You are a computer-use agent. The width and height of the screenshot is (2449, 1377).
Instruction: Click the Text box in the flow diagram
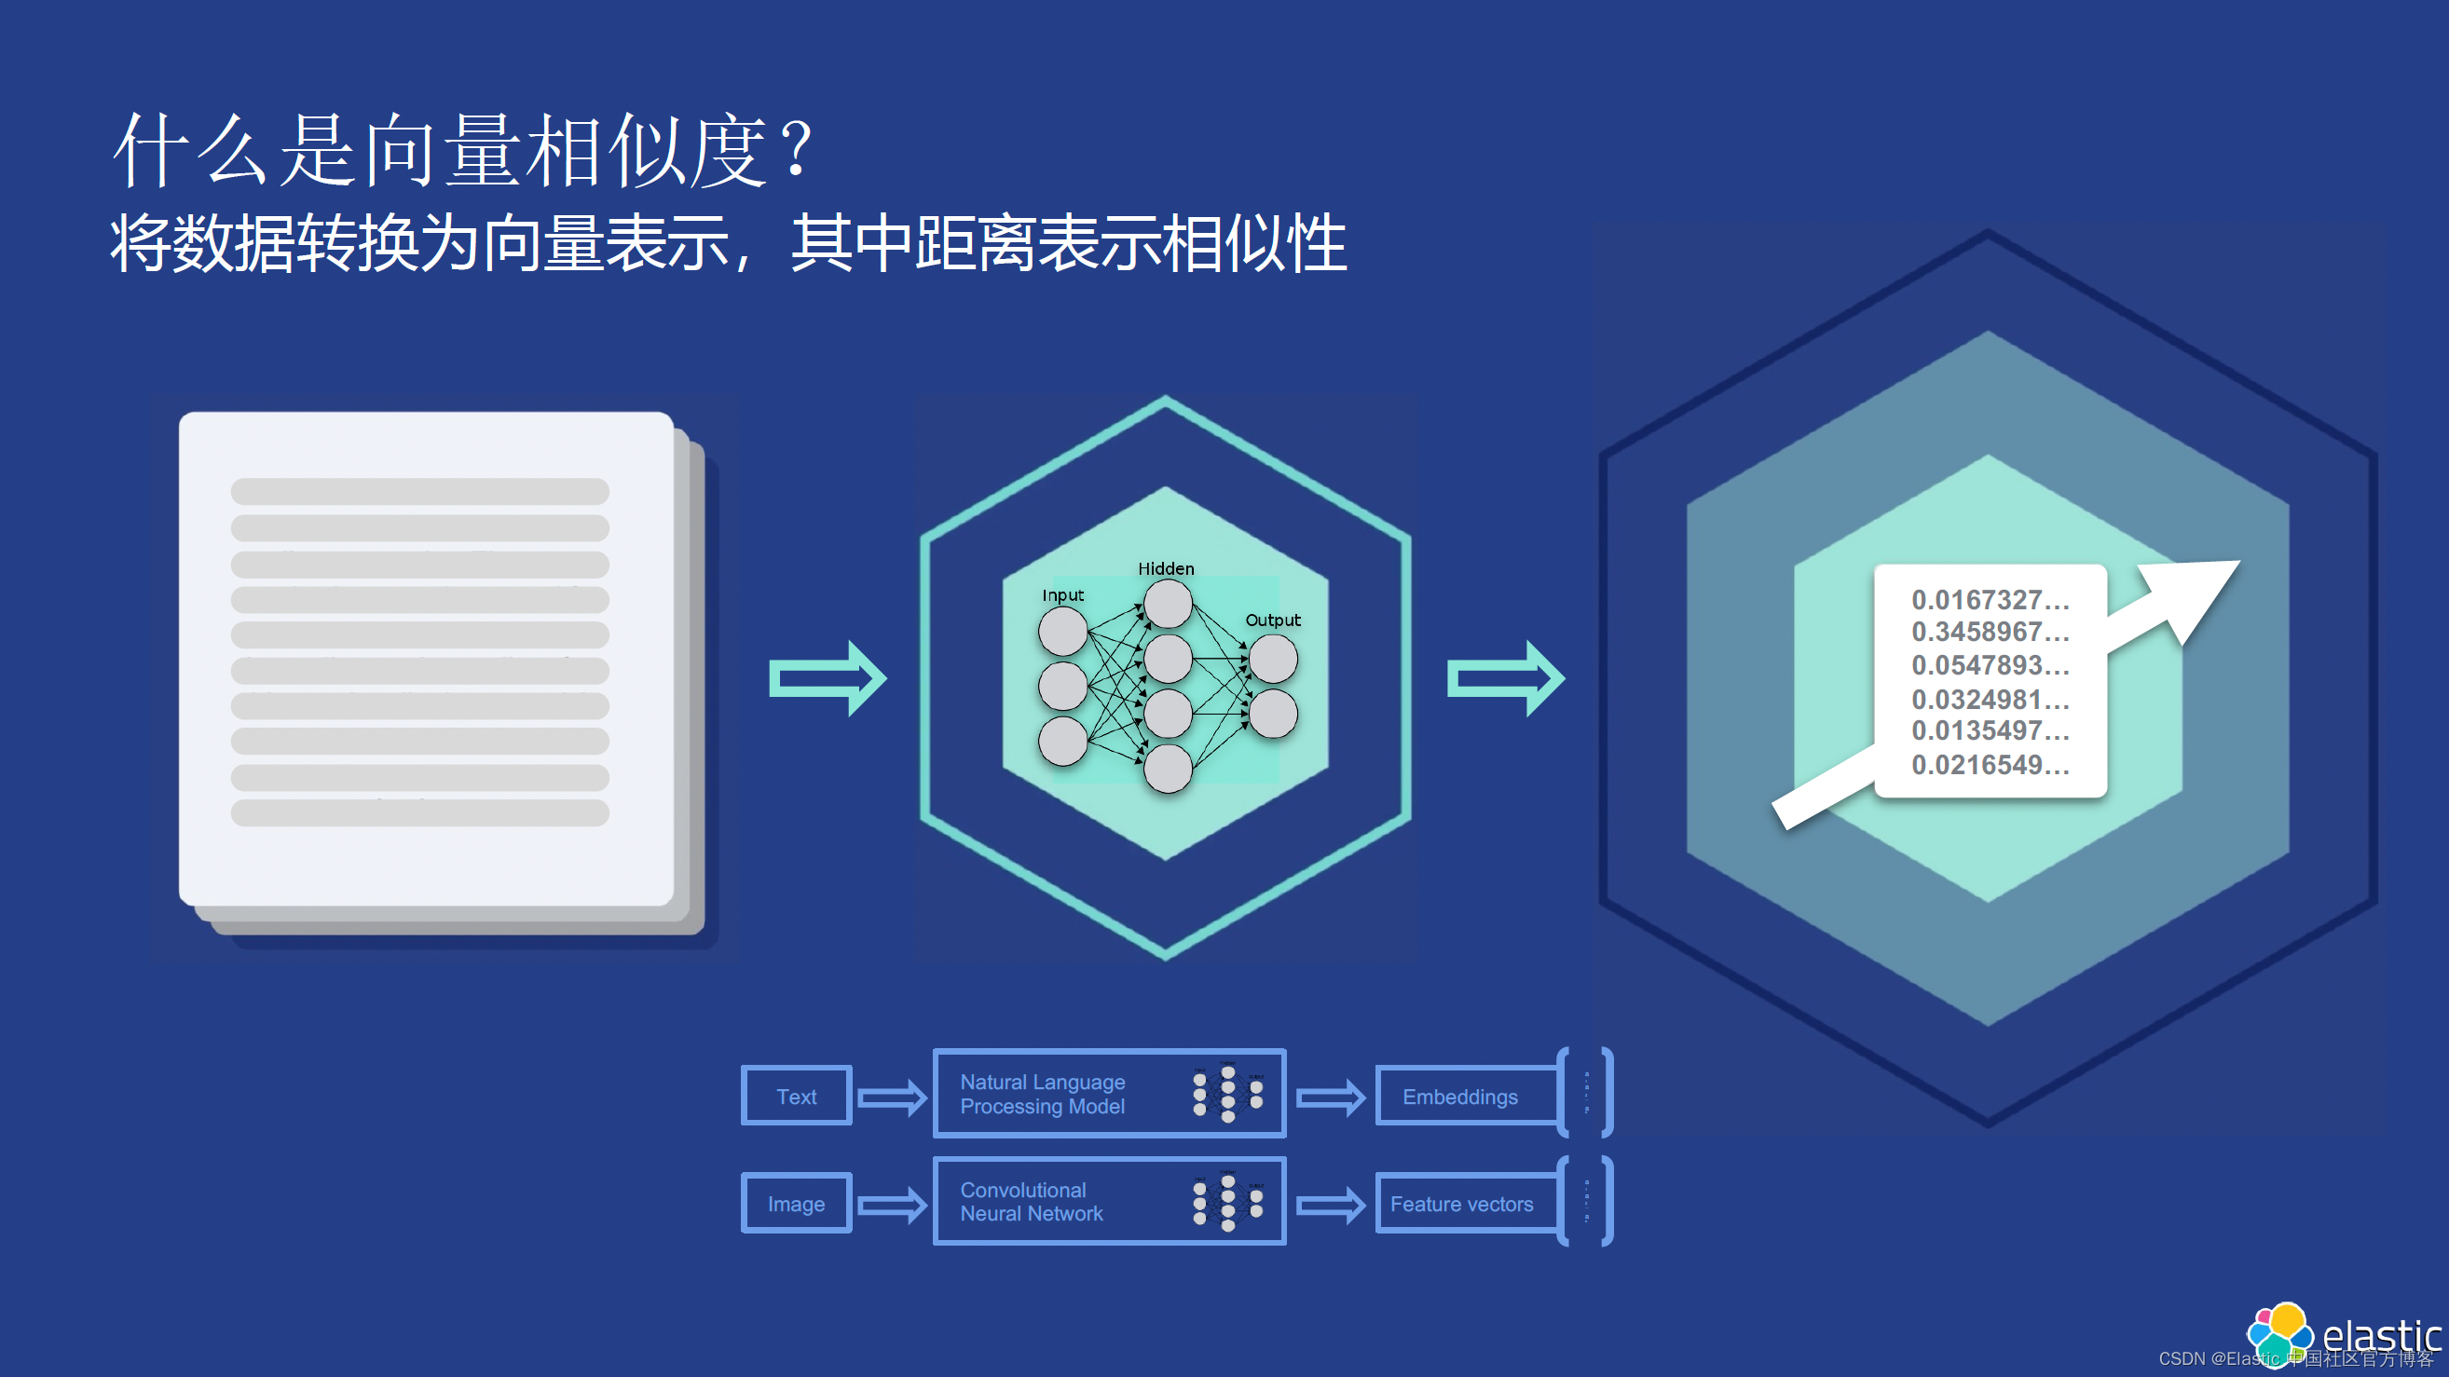[x=796, y=1096]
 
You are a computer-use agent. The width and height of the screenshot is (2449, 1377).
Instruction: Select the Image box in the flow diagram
[x=796, y=1203]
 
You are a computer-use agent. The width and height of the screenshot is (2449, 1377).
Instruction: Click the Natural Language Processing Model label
[x=1042, y=1094]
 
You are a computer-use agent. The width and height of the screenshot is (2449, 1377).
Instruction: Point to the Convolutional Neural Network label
[x=1032, y=1201]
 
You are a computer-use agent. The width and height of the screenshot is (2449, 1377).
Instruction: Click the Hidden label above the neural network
[x=1166, y=568]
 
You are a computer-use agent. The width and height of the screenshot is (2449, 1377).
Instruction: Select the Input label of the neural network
[x=1062, y=595]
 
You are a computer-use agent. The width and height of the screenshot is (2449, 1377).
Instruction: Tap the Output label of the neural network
[x=1272, y=620]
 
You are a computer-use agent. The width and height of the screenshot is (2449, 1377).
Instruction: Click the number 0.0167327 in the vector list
[x=1989, y=600]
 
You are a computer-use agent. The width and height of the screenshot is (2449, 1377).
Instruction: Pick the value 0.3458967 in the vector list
[x=1989, y=632]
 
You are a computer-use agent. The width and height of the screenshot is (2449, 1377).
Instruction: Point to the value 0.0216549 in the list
[x=1989, y=764]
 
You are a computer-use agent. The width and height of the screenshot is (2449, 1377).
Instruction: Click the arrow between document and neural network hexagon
[x=828, y=677]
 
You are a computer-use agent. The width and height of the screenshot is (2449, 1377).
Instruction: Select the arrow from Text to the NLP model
[x=891, y=1098]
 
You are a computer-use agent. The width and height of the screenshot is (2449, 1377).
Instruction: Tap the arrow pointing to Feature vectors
[x=1330, y=1205]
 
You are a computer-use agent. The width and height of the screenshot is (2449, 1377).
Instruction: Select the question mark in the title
[x=799, y=149]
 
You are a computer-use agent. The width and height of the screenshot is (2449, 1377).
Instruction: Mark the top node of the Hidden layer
[x=1168, y=604]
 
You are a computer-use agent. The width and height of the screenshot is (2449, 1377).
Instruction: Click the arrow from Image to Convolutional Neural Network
[x=891, y=1205]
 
